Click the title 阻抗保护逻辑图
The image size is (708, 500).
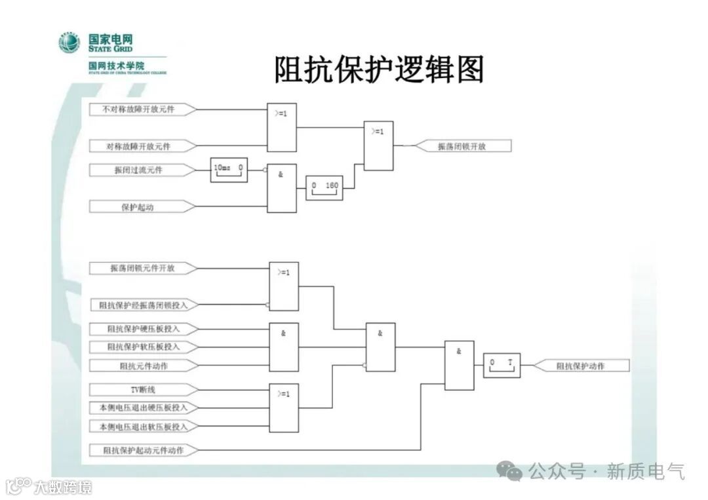coord(379,70)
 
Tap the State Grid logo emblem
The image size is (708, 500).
coord(69,43)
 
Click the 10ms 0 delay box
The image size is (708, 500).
coord(229,169)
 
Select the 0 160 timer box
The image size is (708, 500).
coord(324,187)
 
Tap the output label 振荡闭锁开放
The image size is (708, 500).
coord(463,146)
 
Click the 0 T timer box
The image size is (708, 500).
coord(502,365)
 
